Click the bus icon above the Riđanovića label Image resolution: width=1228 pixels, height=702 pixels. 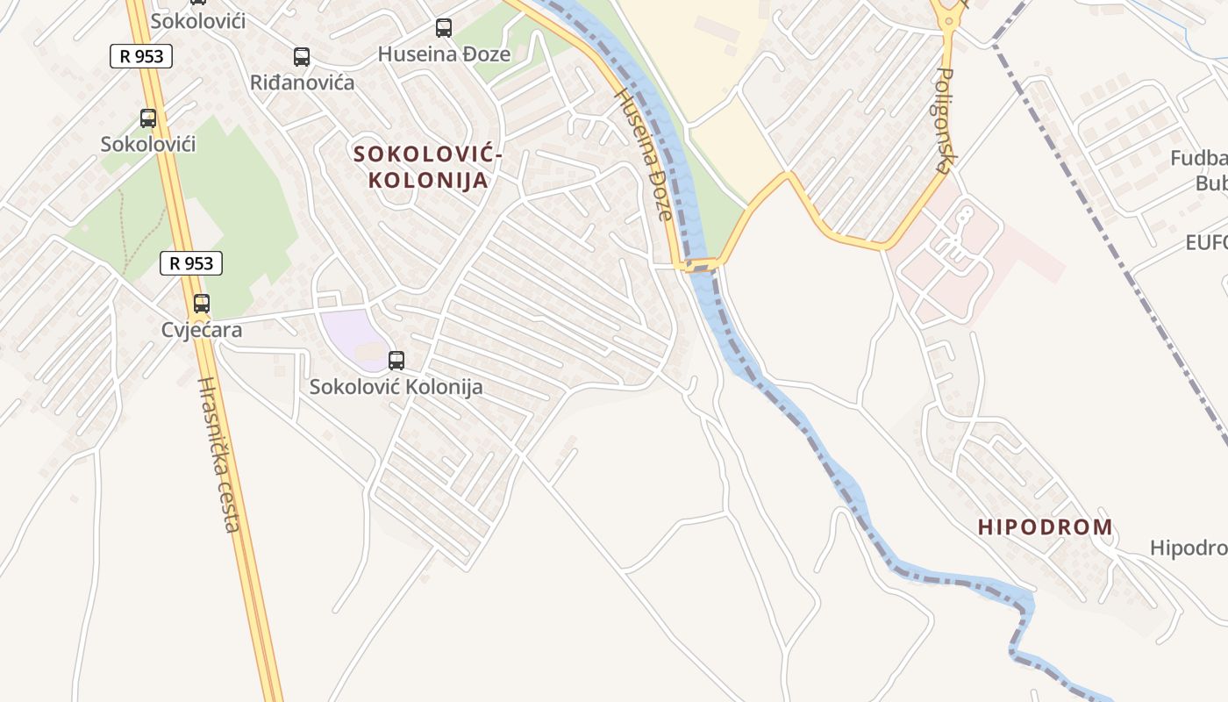click(x=302, y=57)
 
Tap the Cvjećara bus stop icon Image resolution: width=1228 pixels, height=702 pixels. click(x=202, y=304)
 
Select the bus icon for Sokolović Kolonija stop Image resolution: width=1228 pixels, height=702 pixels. click(x=396, y=360)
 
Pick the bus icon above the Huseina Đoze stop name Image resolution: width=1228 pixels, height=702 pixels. click(x=444, y=28)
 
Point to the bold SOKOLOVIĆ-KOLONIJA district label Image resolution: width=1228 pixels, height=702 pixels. click(x=427, y=168)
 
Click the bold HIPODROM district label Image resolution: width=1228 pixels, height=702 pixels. click(x=1045, y=527)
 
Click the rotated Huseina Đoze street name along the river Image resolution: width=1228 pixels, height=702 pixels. click(x=645, y=154)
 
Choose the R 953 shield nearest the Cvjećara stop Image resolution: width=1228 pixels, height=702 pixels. click(x=191, y=262)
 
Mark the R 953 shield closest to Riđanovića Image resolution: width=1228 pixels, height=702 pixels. click(x=141, y=57)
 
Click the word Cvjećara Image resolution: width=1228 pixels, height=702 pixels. click(x=202, y=330)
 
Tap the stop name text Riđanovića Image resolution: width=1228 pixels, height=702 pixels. click(x=302, y=83)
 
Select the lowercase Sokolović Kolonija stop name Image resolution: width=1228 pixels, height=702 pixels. click(x=396, y=386)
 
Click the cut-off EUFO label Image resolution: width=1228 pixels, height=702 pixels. click(x=1206, y=242)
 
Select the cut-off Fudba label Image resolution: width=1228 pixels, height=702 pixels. click(x=1199, y=159)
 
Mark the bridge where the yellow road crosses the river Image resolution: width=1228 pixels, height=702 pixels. click(x=700, y=264)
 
